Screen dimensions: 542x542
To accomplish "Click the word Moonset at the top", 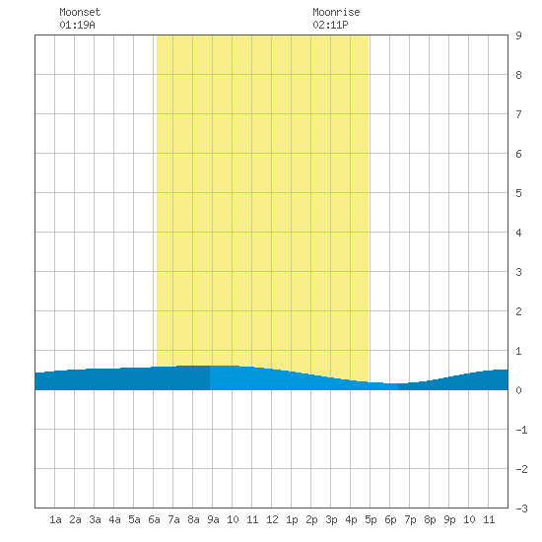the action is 80,12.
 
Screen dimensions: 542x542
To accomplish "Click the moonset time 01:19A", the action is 77,25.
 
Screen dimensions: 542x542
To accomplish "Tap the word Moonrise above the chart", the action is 336,12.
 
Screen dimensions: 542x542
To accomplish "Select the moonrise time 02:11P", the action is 330,25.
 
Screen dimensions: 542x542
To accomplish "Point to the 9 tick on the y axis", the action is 518,35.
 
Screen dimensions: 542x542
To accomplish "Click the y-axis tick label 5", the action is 518,193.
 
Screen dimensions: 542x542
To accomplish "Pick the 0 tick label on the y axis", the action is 518,390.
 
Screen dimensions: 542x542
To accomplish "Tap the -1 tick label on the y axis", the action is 521,430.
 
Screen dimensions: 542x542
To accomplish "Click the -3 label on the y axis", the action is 521,508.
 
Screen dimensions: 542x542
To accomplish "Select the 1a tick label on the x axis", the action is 55,519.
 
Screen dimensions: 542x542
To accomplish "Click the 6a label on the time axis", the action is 154,519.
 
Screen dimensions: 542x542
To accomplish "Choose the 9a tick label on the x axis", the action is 213,519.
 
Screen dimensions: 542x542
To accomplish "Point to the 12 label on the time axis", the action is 272,519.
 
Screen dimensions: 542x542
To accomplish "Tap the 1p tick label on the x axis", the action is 292,519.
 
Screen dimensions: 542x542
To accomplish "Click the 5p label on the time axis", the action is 371,519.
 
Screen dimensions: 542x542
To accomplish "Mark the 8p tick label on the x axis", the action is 430,519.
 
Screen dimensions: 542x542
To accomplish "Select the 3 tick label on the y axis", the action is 518,272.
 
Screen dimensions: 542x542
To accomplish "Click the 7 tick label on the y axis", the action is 518,114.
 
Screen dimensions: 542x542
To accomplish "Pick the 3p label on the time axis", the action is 331,519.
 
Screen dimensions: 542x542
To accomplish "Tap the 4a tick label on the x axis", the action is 114,519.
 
